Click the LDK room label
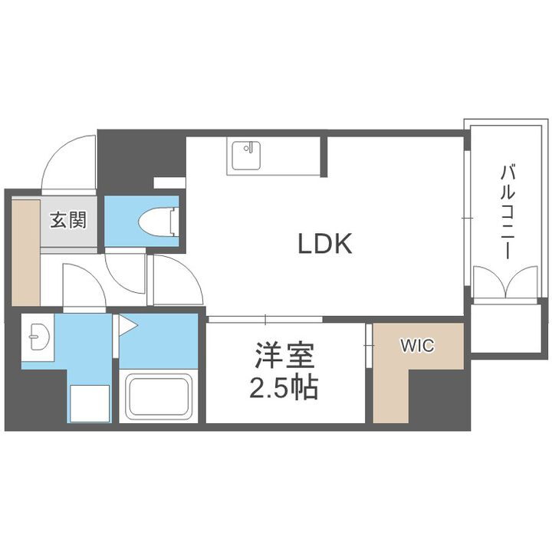point(324,244)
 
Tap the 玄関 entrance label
point(68,221)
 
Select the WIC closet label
point(416,346)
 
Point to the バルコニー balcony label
point(507,212)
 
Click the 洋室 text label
point(284,357)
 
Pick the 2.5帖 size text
point(284,389)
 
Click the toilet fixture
point(159,221)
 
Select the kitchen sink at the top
point(245,157)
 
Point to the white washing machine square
point(90,402)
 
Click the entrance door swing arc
point(69,159)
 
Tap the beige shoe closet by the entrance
point(25,251)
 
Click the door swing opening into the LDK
point(176,281)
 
